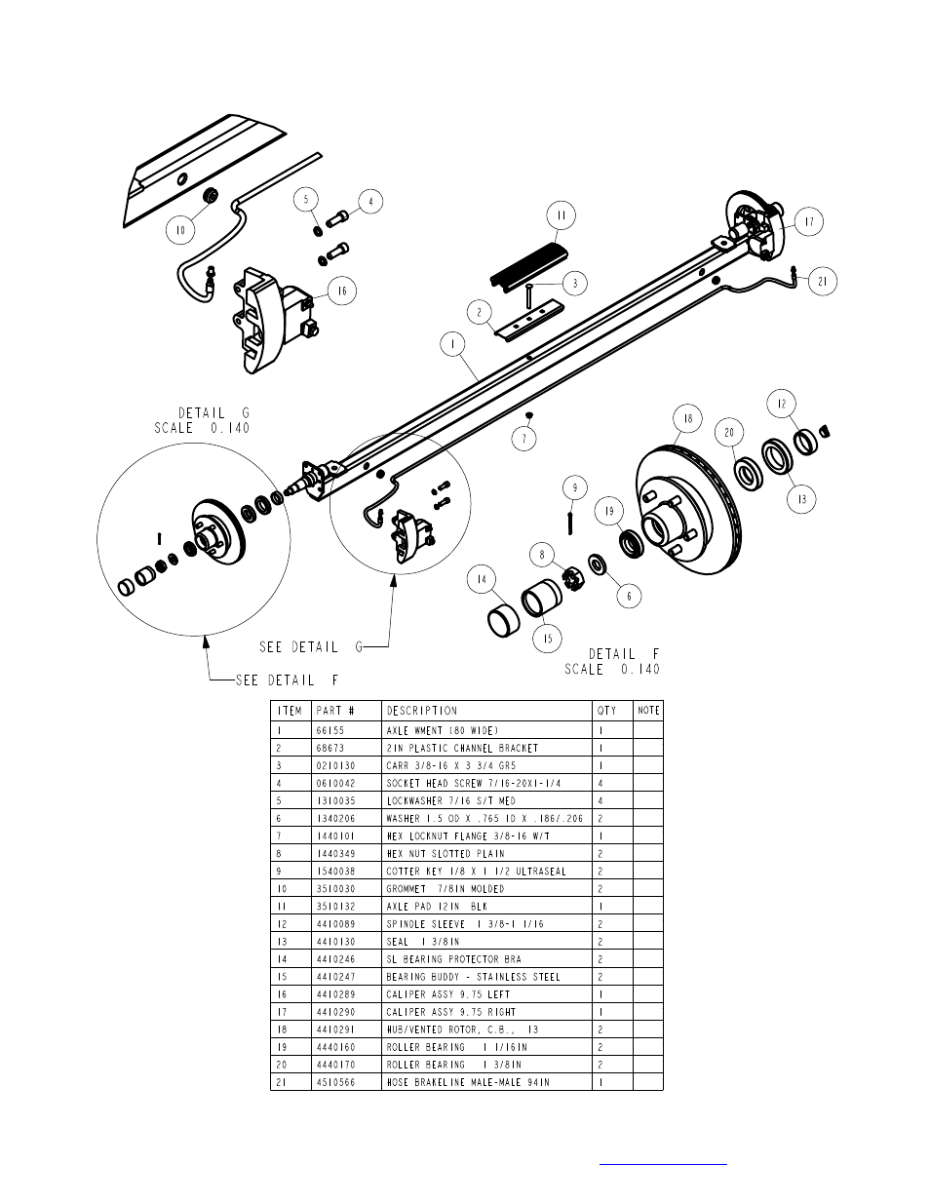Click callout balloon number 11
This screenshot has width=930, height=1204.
tap(562, 215)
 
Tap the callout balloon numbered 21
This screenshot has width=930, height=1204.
tap(823, 281)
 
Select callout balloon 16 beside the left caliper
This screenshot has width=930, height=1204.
tap(342, 291)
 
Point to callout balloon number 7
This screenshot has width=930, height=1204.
tap(524, 439)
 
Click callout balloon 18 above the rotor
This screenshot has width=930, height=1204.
tap(688, 418)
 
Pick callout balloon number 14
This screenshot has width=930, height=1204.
tap(482, 579)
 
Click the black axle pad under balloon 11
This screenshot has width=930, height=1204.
tap(529, 265)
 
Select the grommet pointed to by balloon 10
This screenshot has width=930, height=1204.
tap(211, 195)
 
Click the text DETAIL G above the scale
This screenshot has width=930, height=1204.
tap(213, 413)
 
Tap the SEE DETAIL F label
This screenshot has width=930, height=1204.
tap(287, 680)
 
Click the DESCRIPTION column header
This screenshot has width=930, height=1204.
tap(421, 711)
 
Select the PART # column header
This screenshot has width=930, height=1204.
tap(335, 711)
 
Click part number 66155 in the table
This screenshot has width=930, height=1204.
tap(330, 730)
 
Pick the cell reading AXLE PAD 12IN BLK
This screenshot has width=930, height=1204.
tap(437, 907)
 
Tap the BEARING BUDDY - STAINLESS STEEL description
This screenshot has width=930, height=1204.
tap(473, 977)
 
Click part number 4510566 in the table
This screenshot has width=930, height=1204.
tap(335, 1082)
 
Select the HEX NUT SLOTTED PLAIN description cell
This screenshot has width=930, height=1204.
tap(446, 854)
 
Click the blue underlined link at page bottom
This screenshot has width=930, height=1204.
tap(663, 1165)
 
